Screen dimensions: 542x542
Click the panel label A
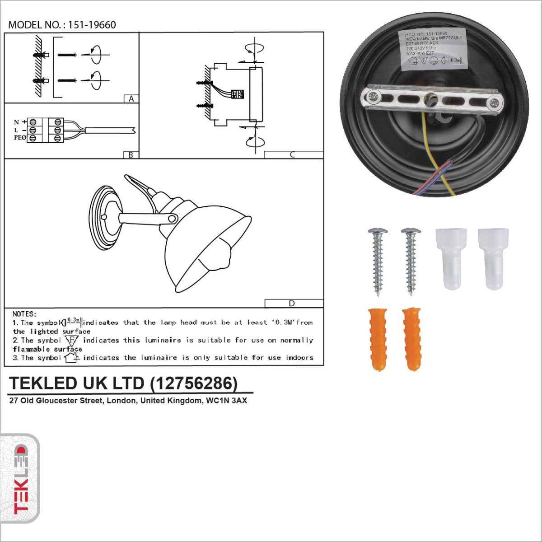click(x=131, y=99)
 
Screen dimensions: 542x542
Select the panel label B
click(x=131, y=155)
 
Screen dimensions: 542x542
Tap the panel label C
click(x=292, y=155)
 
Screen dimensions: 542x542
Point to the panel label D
click(x=292, y=304)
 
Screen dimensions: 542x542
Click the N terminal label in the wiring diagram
click(x=17, y=122)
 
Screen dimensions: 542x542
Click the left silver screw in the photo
click(x=378, y=261)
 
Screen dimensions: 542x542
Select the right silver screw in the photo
click(x=411, y=261)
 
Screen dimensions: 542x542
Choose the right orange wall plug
click(x=411, y=338)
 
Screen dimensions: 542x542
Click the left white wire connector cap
click(x=451, y=258)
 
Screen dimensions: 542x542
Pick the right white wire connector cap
click(x=493, y=258)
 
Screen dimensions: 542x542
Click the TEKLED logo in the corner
click(x=20, y=479)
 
